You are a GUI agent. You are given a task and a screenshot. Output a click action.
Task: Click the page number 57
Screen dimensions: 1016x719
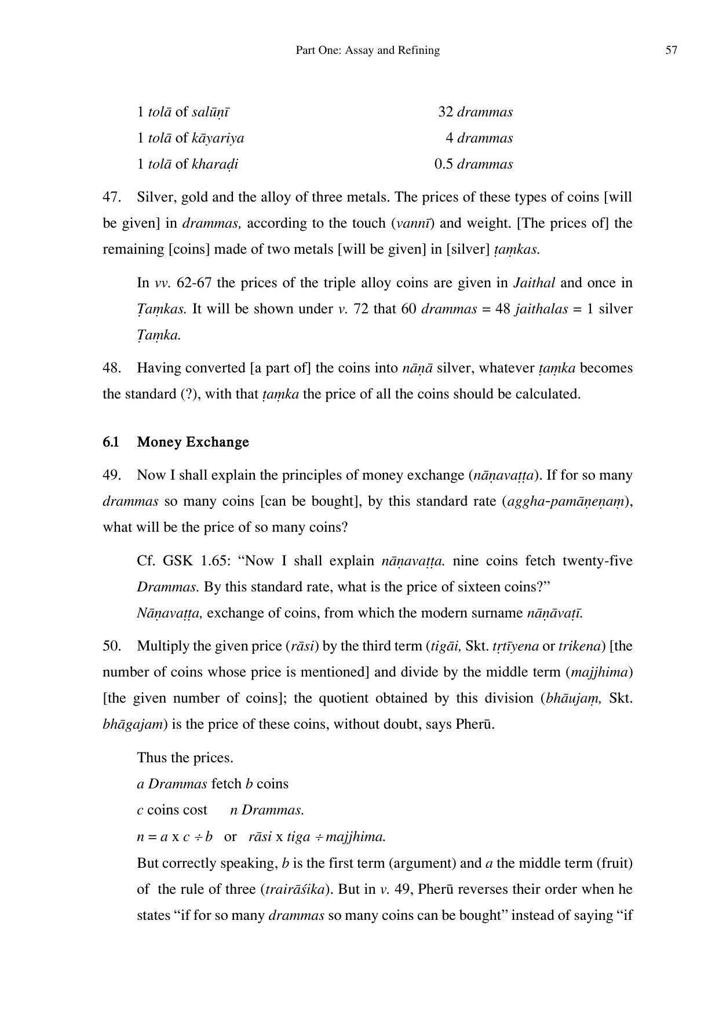(671, 50)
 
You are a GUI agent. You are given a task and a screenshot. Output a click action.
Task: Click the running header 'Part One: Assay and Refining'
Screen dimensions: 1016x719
(367, 50)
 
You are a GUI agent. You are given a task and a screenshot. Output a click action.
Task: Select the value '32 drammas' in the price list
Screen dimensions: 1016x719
(475, 112)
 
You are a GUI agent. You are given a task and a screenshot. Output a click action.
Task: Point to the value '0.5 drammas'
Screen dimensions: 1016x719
(473, 164)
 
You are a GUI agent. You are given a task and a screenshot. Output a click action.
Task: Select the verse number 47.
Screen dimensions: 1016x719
(111, 197)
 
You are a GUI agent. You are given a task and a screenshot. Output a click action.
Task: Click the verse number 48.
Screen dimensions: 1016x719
(111, 368)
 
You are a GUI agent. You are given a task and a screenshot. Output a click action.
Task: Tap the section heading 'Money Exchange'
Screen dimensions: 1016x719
(193, 442)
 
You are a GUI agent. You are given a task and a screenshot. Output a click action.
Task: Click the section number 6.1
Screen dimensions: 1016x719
(111, 442)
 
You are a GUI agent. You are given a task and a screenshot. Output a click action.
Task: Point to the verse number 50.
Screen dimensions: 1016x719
(111, 646)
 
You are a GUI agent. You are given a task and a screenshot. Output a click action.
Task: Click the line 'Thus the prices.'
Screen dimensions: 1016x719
(185, 758)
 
